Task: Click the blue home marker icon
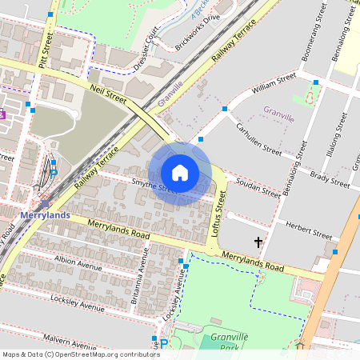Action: (x=180, y=173)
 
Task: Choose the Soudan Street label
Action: (x=258, y=190)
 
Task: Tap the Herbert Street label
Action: (x=308, y=232)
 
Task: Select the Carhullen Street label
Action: (x=258, y=138)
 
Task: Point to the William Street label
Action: (x=274, y=82)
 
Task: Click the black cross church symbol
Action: (x=258, y=241)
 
